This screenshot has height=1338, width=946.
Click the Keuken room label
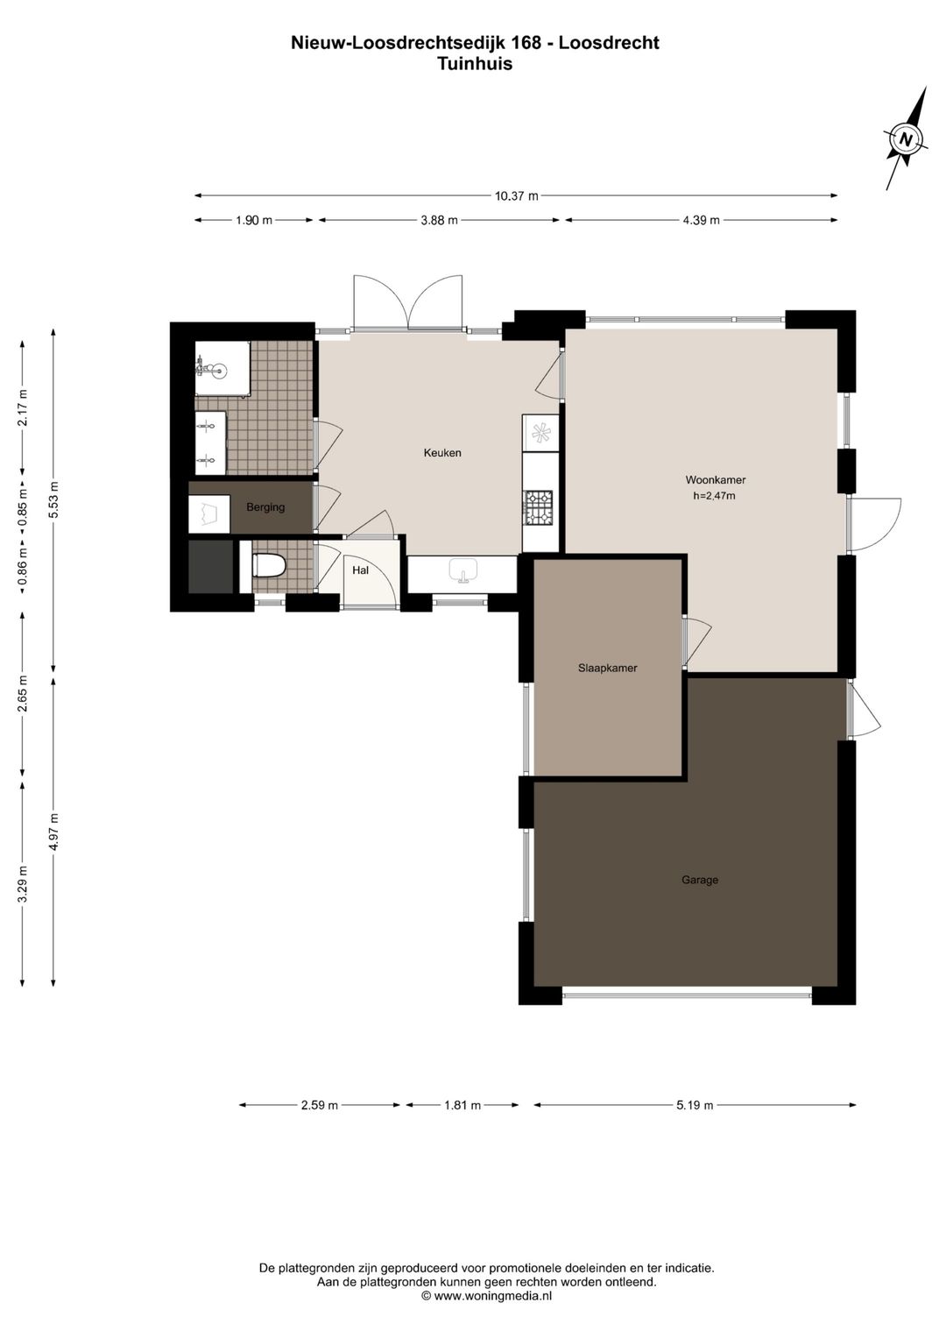[442, 453]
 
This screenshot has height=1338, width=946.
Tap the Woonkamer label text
[715, 479]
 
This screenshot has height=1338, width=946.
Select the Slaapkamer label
[607, 668]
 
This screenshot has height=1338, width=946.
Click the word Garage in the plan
[699, 879]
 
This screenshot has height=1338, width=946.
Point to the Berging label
[265, 507]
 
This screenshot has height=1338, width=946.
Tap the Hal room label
[360, 570]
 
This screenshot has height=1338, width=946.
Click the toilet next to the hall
[269, 565]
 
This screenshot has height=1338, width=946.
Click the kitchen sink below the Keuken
[462, 570]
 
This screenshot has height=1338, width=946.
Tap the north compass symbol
[906, 139]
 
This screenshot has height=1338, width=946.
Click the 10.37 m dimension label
[517, 195]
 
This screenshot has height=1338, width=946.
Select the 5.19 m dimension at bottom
[695, 1105]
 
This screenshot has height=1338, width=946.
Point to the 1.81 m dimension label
[462, 1105]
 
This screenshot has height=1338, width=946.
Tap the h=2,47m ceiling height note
[714, 495]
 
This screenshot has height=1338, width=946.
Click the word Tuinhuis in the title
[475, 64]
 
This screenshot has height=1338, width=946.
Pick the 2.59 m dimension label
[320, 1105]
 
